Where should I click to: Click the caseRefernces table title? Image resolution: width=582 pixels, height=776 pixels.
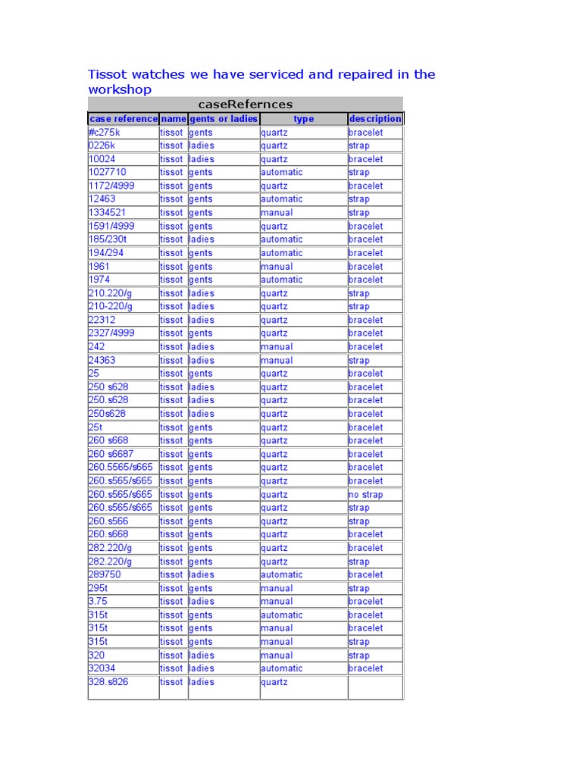point(245,105)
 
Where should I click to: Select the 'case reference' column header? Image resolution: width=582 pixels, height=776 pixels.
point(123,119)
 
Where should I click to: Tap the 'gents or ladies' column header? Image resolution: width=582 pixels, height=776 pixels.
point(224,119)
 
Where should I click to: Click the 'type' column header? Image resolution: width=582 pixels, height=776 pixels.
point(303,119)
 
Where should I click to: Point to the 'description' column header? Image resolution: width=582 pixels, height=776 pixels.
point(375,119)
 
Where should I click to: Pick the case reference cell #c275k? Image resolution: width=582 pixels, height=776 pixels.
point(105,133)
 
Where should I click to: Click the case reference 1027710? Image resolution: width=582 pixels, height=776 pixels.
point(107,172)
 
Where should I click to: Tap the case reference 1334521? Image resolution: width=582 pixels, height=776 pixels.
point(108,213)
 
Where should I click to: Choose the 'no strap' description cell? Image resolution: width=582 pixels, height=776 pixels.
point(365,495)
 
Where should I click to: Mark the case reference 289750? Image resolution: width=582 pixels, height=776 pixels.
point(105,574)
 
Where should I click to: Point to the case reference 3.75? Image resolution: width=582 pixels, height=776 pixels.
point(98,602)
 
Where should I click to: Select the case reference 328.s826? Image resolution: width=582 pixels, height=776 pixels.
point(108,682)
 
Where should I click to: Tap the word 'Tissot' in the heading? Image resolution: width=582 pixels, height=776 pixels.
point(108,74)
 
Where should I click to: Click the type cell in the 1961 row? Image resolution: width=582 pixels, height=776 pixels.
point(277,267)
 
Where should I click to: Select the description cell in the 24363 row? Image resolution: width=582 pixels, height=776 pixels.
point(359,361)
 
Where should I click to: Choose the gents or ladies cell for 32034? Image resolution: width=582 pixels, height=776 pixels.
point(202,668)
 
